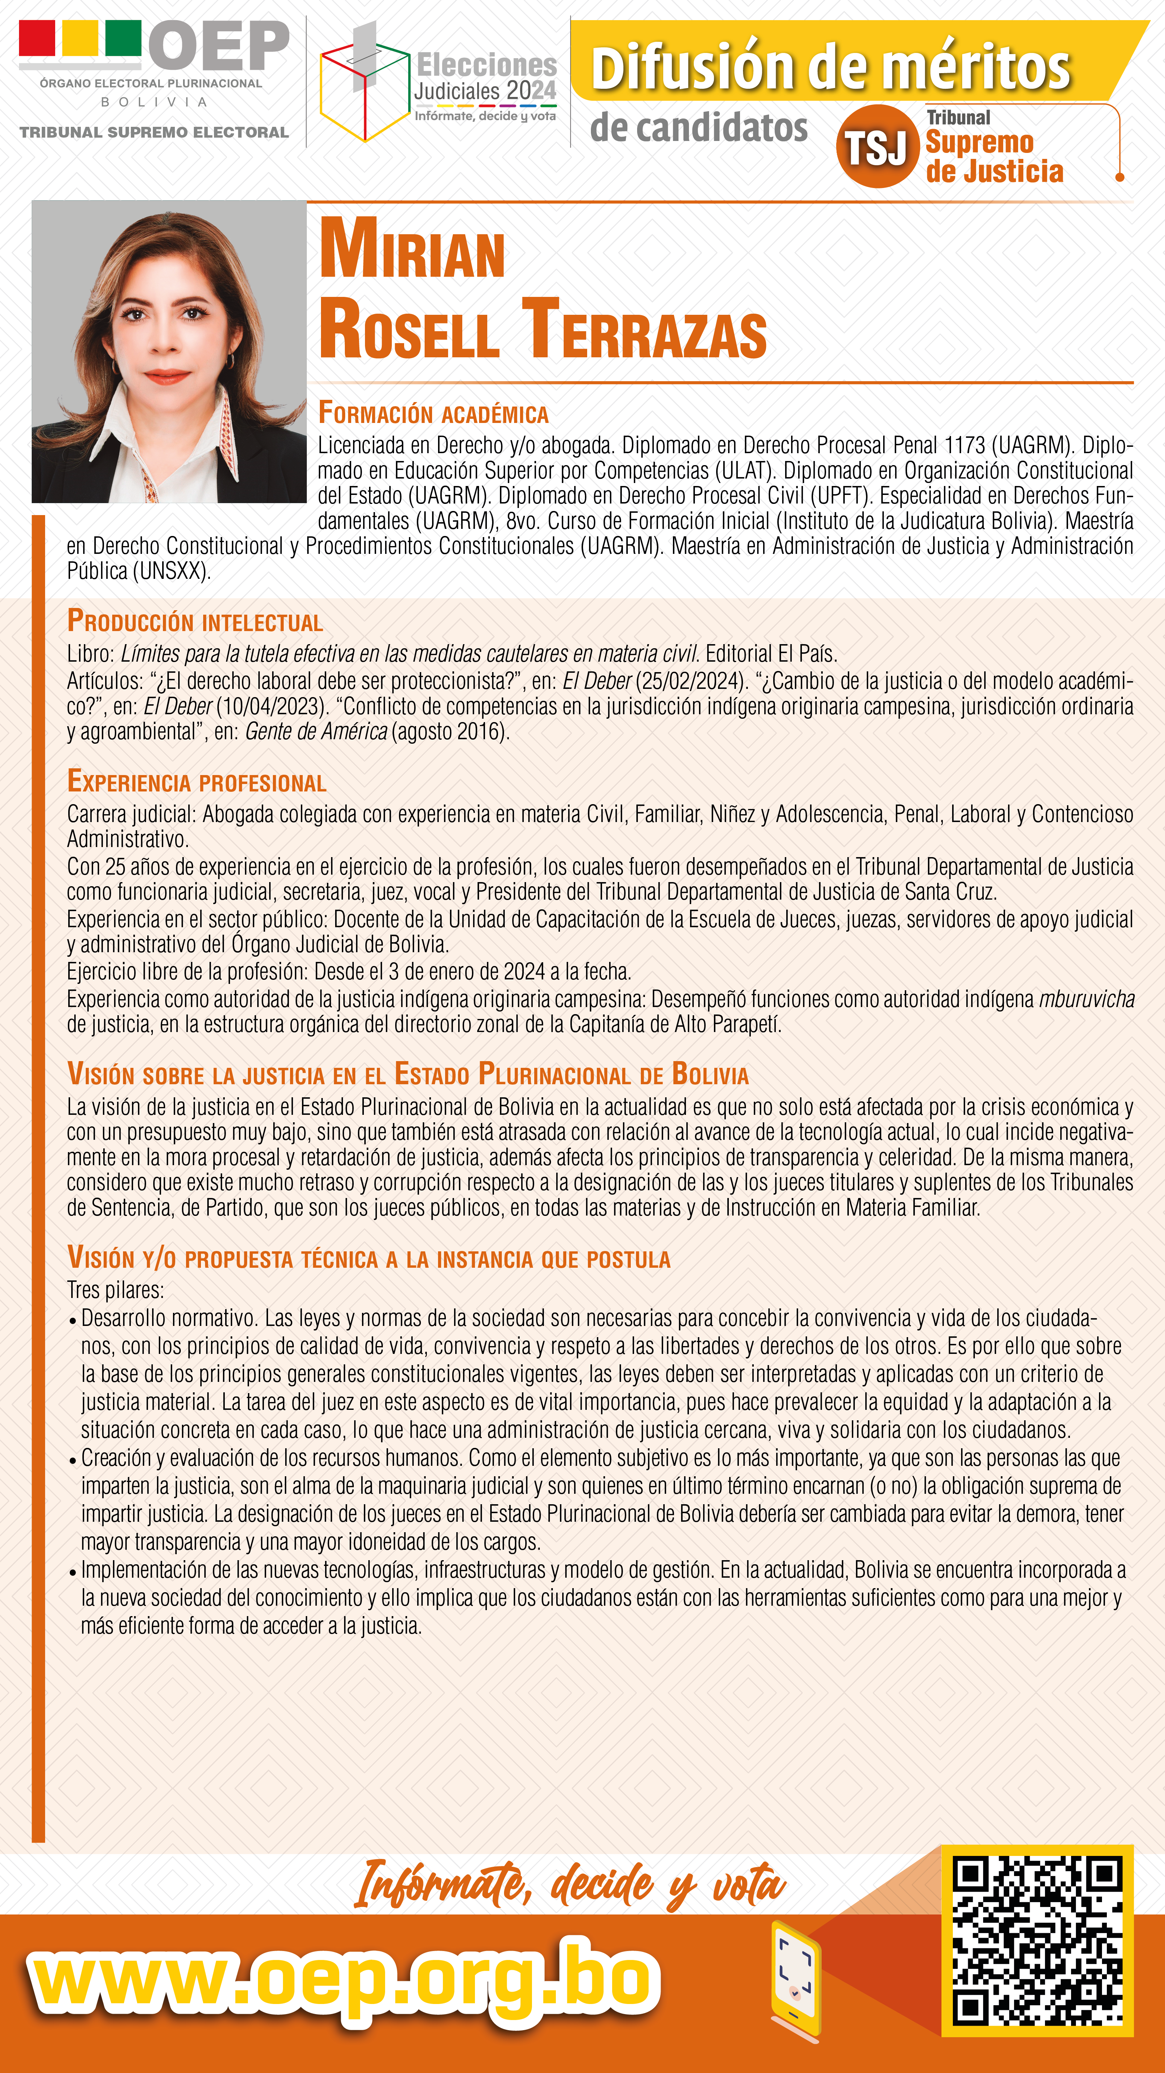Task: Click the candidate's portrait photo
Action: (169, 352)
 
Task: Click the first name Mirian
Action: (412, 250)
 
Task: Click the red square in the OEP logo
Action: (37, 38)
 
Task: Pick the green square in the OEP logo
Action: (123, 38)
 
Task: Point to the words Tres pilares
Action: (115, 1290)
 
